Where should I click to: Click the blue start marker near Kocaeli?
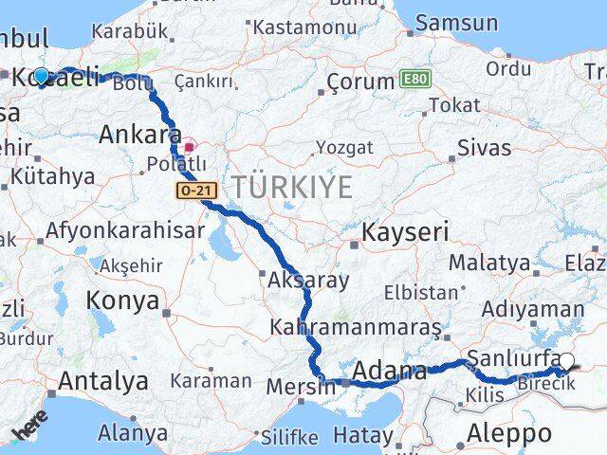click(x=42, y=77)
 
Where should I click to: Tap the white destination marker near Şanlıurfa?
click(x=566, y=361)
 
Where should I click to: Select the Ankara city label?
click(x=140, y=135)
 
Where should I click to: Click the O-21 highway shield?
click(x=196, y=191)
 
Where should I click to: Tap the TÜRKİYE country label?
click(x=293, y=187)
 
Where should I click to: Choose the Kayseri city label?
click(x=405, y=231)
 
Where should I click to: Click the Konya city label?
click(x=122, y=301)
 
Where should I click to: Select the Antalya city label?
click(x=103, y=381)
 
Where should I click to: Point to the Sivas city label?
click(x=484, y=147)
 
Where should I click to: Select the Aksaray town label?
click(x=308, y=281)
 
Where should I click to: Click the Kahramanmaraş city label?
click(x=356, y=327)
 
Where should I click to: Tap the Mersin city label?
click(x=302, y=386)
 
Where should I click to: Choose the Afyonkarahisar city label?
click(x=125, y=230)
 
